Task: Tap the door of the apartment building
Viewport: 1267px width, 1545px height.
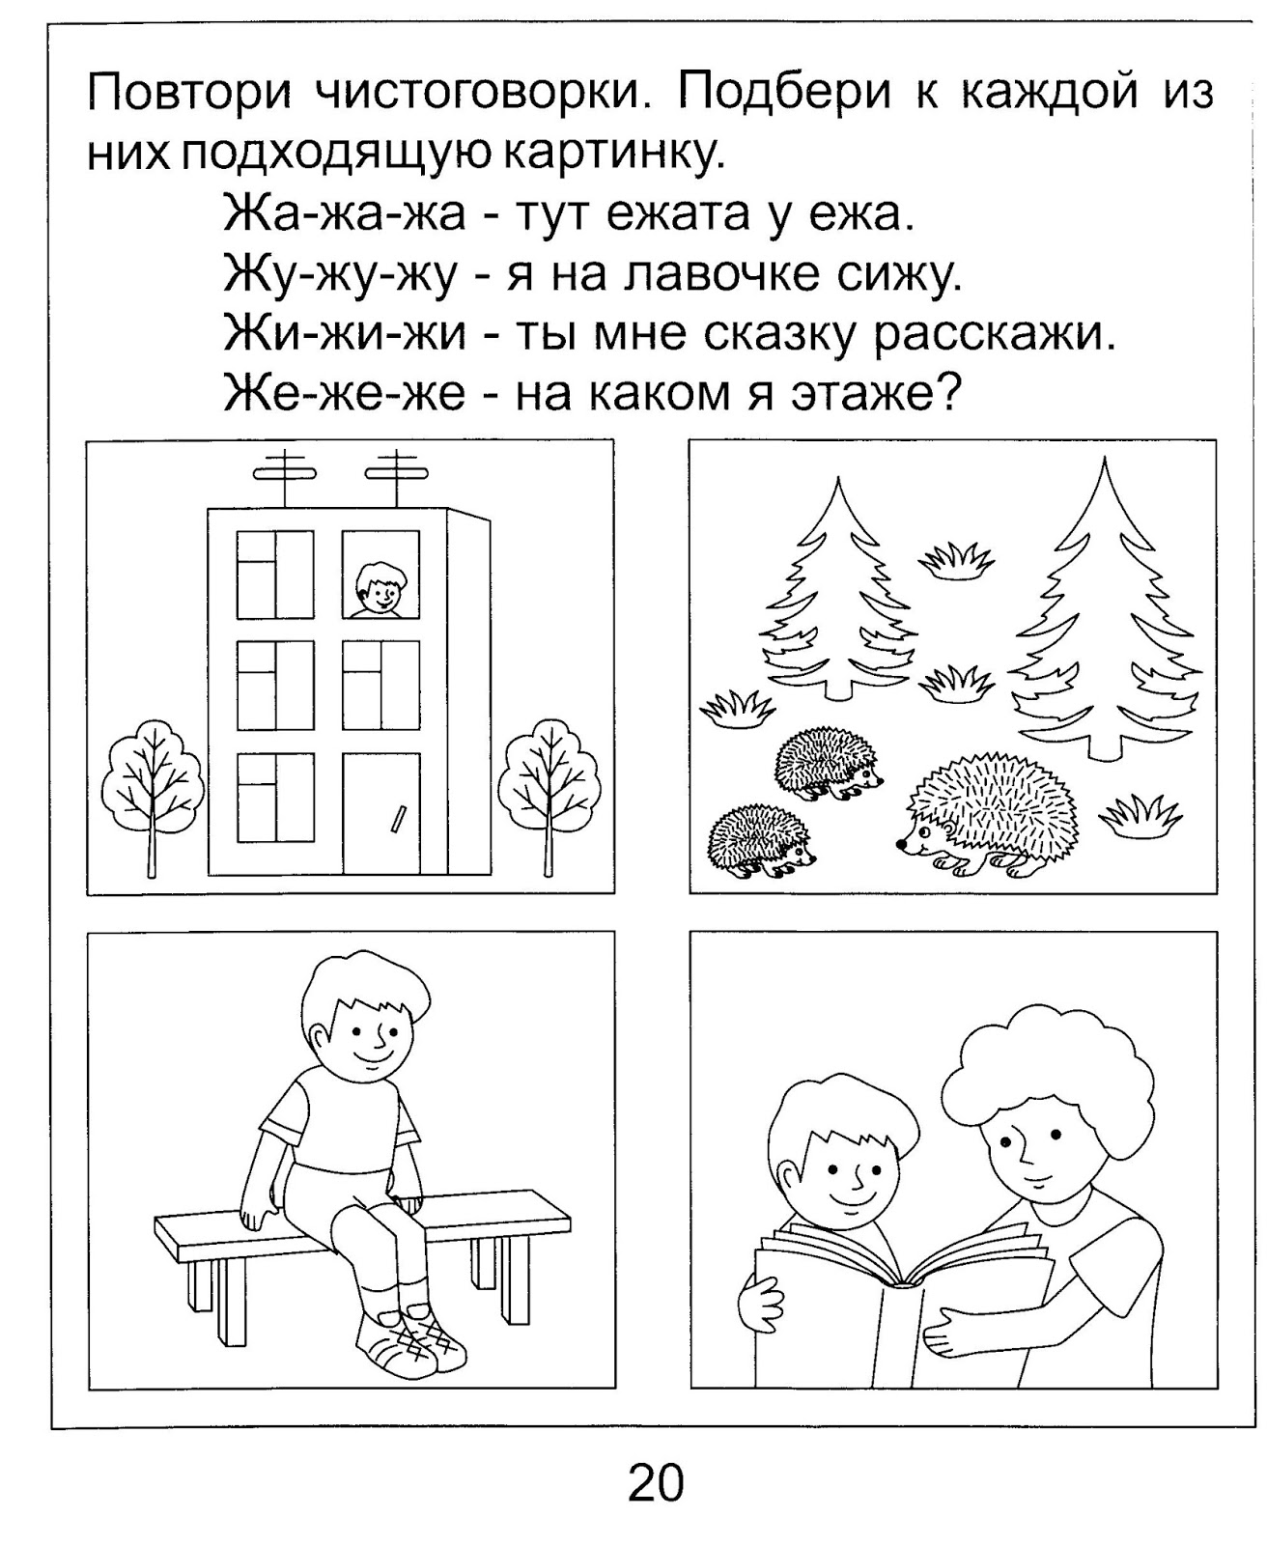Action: pos(381,813)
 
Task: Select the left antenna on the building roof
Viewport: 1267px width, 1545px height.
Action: pos(285,474)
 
